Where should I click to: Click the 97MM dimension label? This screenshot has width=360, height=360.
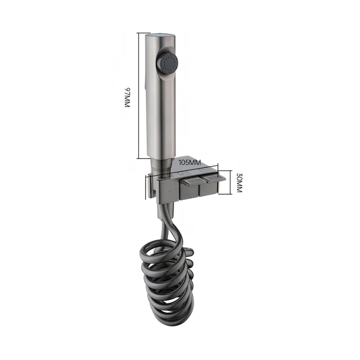[127, 97]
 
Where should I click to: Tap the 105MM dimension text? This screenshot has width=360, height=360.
[190, 163]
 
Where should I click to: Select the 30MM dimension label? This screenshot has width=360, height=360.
[239, 183]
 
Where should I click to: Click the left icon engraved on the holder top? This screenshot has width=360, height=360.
[185, 174]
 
